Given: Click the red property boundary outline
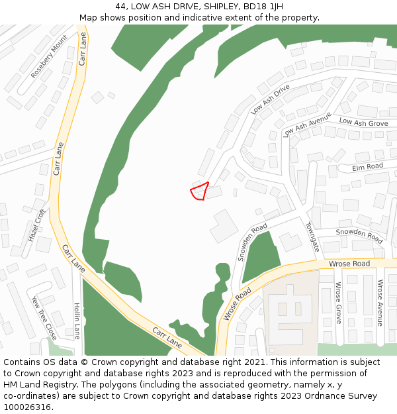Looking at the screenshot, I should [x=199, y=191].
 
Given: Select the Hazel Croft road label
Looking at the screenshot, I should [x=36, y=225].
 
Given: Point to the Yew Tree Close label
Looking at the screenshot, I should [x=44, y=317].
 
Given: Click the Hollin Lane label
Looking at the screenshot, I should [x=77, y=321].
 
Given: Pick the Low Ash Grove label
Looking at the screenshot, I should [x=363, y=123].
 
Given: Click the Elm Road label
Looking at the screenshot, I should [x=367, y=166].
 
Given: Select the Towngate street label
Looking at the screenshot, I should [x=312, y=236].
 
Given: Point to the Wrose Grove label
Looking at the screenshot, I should [x=338, y=302].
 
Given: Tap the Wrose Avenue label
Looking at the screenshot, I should [x=380, y=302].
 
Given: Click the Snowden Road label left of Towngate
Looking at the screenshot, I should [x=252, y=242].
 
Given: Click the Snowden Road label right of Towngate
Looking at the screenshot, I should [x=359, y=234].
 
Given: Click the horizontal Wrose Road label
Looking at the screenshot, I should [x=349, y=264].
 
